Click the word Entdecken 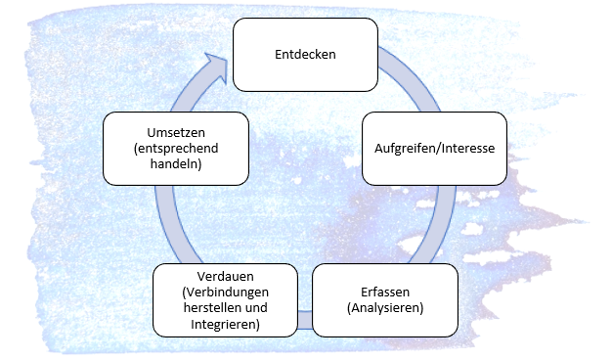[x=305, y=54]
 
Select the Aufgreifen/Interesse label [x=434, y=149]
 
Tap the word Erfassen [x=385, y=292]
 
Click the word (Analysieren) [x=385, y=308]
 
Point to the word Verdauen [x=225, y=277]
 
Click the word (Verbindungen [x=225, y=292]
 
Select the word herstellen [x=209, y=308]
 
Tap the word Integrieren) [x=225, y=324]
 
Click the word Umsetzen [x=176, y=133]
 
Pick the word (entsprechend [x=176, y=149]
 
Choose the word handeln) [x=176, y=164]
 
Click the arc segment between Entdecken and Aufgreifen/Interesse [x=412, y=76]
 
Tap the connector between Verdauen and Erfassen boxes [x=305, y=320]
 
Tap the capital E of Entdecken [x=278, y=54]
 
